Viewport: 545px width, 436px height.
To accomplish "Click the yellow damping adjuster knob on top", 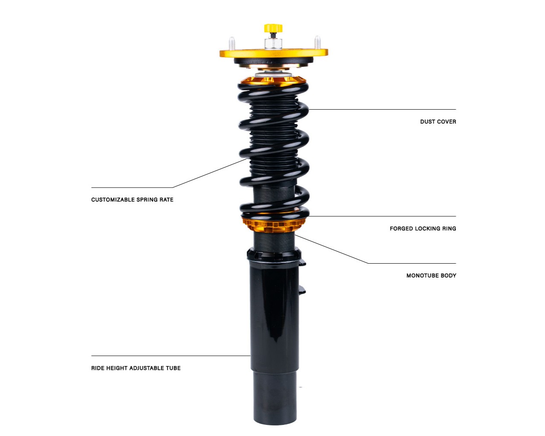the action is coord(273,28).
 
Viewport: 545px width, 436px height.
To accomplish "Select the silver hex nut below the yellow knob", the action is coord(273,44).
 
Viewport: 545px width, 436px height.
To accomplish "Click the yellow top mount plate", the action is coord(274,53).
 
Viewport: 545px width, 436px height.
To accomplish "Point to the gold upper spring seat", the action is coord(273,81).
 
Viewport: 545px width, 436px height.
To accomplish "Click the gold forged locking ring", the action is coord(274,224).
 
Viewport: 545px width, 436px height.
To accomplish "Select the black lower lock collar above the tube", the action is coord(274,255).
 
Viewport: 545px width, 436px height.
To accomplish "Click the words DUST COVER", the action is coord(438,122).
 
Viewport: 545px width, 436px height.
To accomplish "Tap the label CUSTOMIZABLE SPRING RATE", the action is coord(132,200).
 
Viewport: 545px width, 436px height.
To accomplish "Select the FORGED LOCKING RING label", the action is coord(423,229).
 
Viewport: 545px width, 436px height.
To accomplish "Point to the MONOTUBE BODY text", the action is coord(431,276).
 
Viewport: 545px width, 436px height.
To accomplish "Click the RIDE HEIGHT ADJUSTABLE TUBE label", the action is coord(136,368).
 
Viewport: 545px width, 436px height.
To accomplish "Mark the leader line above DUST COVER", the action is coord(382,110).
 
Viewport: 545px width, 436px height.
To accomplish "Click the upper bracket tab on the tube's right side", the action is coord(303,264).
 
